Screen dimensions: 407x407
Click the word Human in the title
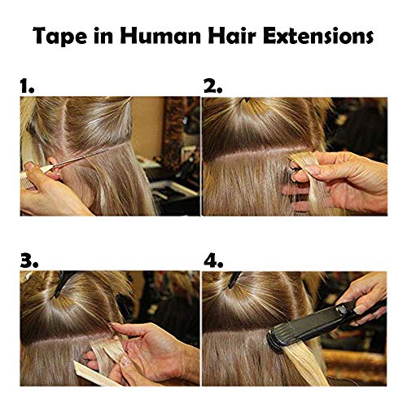point(151,36)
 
